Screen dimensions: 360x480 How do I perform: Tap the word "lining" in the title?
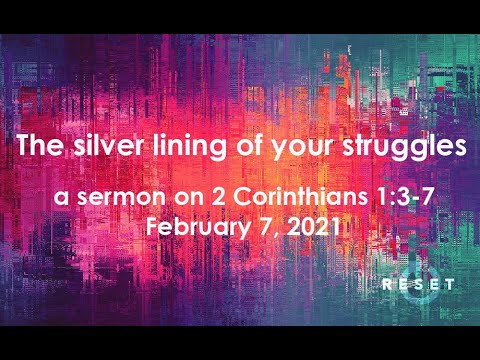click(x=196, y=146)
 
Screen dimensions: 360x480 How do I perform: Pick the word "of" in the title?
click(x=254, y=146)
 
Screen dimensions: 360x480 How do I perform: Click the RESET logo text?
click(x=419, y=285)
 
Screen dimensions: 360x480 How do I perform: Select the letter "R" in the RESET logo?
click(x=386, y=285)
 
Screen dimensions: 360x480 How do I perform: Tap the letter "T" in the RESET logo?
click(x=451, y=285)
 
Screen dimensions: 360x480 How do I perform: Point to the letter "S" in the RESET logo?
click(x=418, y=285)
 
